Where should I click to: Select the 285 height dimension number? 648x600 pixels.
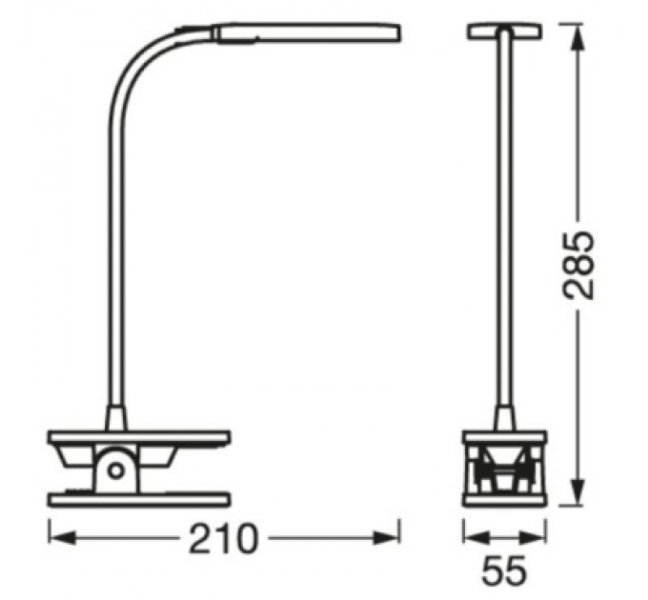coord(578,264)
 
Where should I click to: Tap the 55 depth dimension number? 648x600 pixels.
coord(504,571)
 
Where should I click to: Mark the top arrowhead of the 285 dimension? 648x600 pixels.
coord(577,31)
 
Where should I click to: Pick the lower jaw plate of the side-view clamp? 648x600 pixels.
coord(139,497)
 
